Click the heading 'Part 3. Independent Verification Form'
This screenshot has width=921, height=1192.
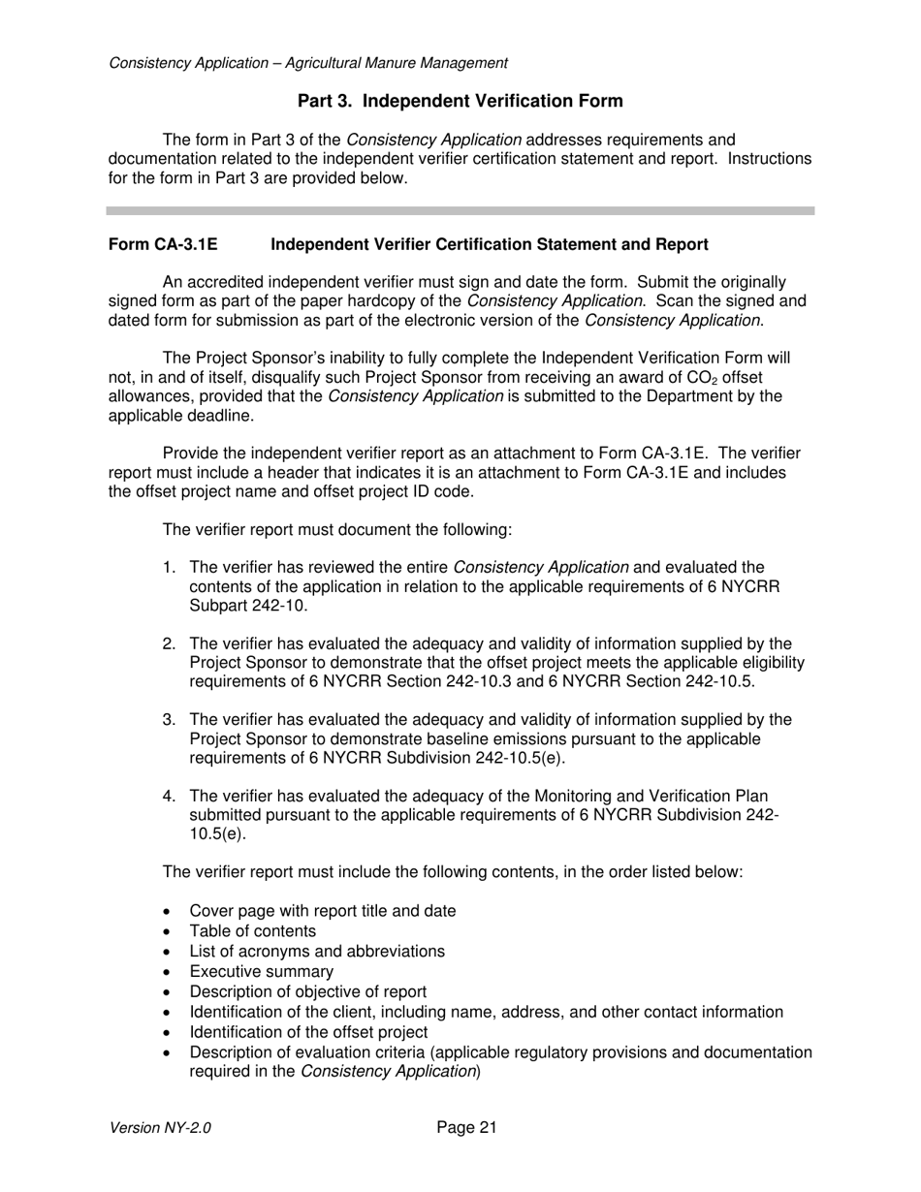(460, 101)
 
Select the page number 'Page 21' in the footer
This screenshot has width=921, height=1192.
(466, 1127)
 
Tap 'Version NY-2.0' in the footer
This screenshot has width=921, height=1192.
(160, 1128)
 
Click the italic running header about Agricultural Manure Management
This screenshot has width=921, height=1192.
(308, 63)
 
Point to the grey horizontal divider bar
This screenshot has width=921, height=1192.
(460, 210)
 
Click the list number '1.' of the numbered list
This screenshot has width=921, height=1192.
(170, 567)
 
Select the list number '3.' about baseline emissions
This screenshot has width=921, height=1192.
(170, 719)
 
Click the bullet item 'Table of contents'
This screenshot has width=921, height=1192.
(252, 931)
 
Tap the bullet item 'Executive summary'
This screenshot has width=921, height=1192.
(261, 972)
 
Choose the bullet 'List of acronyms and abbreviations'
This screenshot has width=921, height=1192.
(317, 952)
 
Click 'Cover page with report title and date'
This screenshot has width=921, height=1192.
(322, 911)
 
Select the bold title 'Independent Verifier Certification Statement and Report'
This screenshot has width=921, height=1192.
(489, 244)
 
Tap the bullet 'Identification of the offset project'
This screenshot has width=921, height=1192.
(308, 1032)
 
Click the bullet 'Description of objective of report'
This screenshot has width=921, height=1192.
(307, 992)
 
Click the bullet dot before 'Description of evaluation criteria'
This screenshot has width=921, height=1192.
(170, 1053)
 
